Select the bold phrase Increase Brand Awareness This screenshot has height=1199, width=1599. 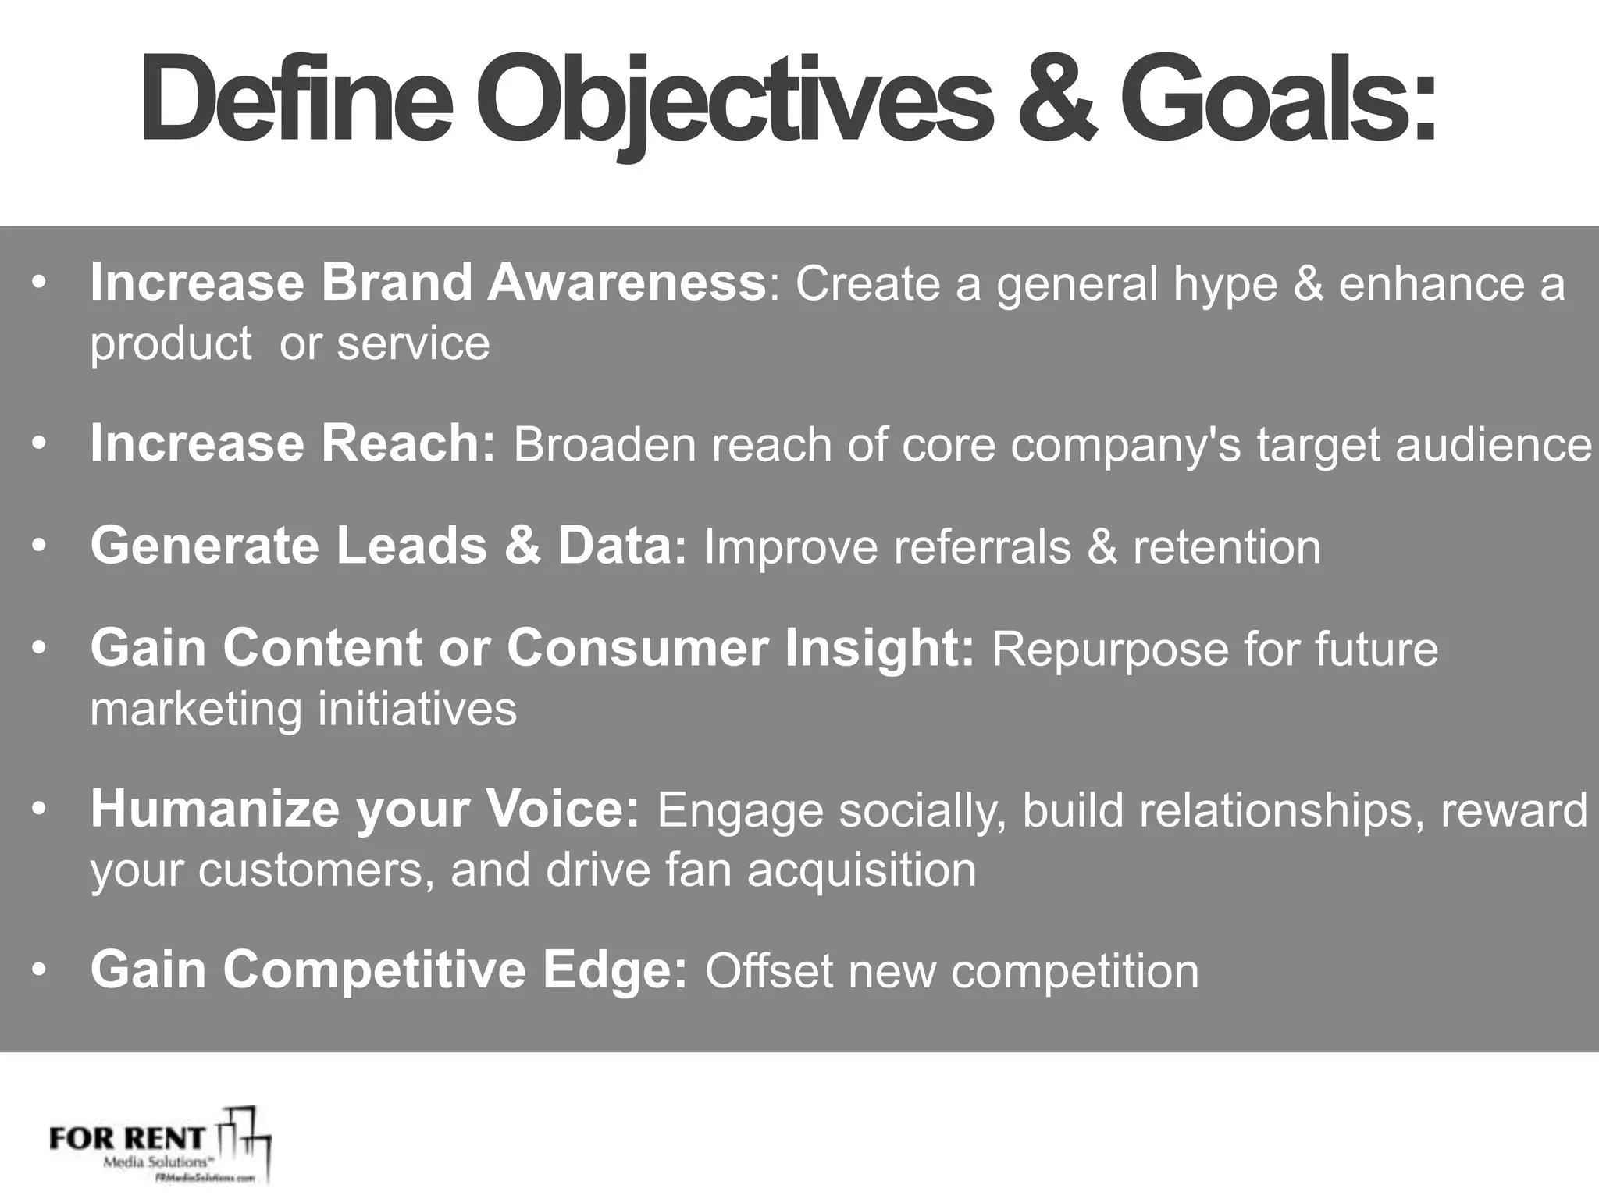(428, 282)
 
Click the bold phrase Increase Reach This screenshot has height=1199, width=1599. (292, 443)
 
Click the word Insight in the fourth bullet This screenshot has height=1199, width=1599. (879, 648)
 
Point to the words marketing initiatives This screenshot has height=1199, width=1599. (303, 709)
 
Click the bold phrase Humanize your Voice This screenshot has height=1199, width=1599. (365, 809)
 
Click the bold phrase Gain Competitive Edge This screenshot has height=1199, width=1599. (388, 970)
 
